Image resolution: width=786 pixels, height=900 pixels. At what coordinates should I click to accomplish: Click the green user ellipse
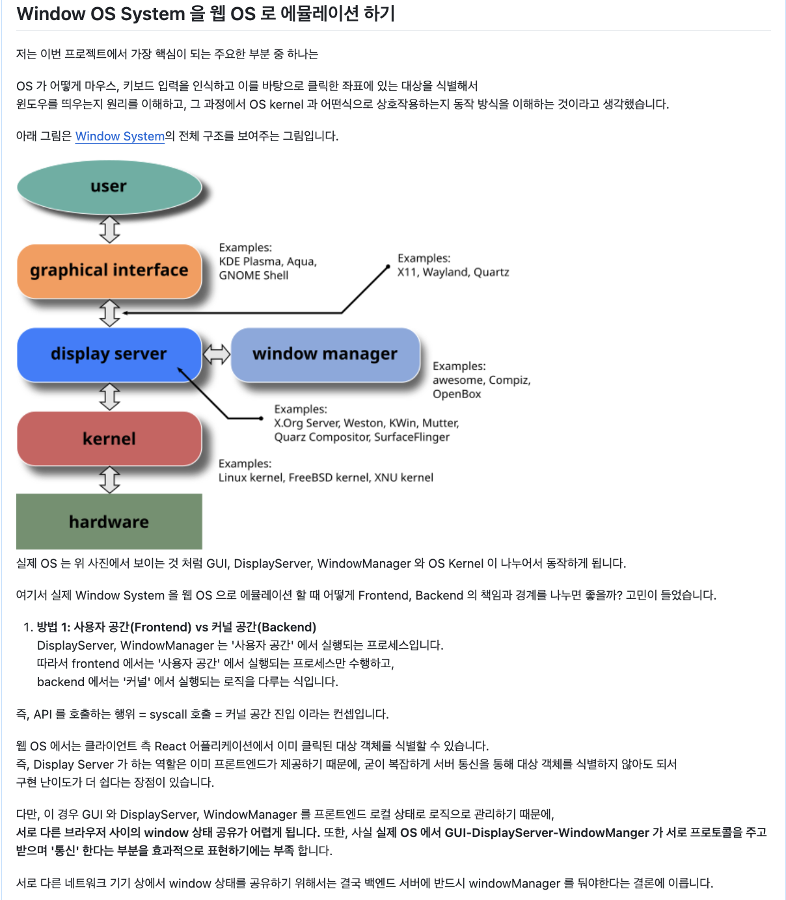[x=109, y=187]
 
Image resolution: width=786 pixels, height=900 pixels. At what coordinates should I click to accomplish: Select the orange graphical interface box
[x=109, y=271]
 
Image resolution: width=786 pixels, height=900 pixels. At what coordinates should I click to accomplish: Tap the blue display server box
[x=109, y=354]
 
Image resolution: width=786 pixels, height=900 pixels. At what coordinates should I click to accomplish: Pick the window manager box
[x=325, y=354]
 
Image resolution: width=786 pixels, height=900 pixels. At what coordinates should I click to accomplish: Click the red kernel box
[x=109, y=438]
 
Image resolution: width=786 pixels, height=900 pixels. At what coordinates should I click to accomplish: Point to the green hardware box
[x=109, y=522]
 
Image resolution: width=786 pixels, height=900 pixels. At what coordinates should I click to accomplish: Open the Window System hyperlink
[x=120, y=136]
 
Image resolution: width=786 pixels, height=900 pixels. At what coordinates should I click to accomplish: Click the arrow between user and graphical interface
[x=109, y=229]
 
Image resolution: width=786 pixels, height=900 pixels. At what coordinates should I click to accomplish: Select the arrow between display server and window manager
[x=217, y=354]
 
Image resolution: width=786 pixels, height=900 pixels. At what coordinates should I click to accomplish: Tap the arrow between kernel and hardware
[x=109, y=480]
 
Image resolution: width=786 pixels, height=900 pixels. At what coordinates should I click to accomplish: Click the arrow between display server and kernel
[x=109, y=396]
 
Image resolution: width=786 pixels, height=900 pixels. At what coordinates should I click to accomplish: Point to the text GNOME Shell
[x=254, y=275]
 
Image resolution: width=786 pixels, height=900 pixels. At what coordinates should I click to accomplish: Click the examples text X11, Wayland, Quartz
[x=453, y=272]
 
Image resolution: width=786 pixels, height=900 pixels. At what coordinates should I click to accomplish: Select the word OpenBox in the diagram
[x=457, y=394]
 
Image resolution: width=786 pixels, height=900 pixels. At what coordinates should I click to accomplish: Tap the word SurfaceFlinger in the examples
[x=412, y=437]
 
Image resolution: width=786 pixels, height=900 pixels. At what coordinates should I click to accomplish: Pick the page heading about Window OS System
[x=206, y=14]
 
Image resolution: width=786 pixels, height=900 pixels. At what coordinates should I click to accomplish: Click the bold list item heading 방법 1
[x=176, y=627]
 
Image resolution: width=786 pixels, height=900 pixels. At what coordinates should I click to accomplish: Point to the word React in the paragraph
[x=170, y=746]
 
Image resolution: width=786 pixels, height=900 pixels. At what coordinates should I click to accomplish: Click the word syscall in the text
[x=168, y=714]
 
